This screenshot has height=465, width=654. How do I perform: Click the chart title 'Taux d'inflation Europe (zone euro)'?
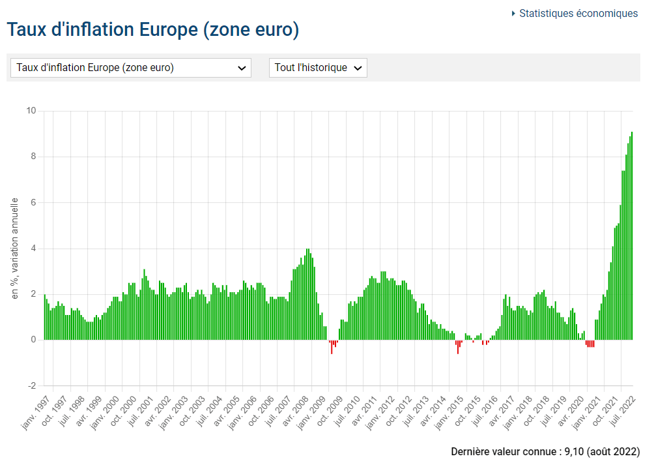coord(152,30)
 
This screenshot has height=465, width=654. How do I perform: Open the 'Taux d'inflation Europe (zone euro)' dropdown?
coord(131,68)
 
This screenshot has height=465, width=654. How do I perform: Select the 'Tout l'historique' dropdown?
coord(318,68)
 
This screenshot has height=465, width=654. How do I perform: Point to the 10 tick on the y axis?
coord(31,110)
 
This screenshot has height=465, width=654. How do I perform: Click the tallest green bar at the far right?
coord(632,235)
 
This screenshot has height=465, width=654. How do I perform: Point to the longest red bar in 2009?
coord(332,347)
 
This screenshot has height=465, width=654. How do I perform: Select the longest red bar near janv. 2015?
coord(458,347)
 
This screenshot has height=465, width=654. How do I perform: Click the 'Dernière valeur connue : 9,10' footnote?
coord(545,452)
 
